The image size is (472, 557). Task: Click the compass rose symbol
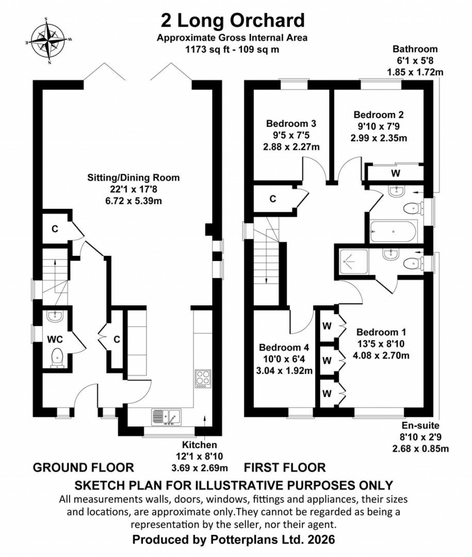click(48, 40)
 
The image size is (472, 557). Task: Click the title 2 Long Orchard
click(232, 21)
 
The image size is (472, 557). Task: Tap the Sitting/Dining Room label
click(134, 178)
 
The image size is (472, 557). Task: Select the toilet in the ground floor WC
click(56, 358)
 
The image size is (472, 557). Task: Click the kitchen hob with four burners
click(203, 379)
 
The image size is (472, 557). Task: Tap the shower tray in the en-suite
click(353, 261)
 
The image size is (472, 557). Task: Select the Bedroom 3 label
click(291, 124)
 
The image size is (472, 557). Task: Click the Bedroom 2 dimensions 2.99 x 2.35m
click(378, 138)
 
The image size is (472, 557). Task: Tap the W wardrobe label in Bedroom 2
click(395, 174)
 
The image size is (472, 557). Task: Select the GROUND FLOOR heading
click(83, 468)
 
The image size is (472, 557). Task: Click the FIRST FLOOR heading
click(284, 468)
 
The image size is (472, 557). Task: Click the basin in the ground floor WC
click(56, 315)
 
